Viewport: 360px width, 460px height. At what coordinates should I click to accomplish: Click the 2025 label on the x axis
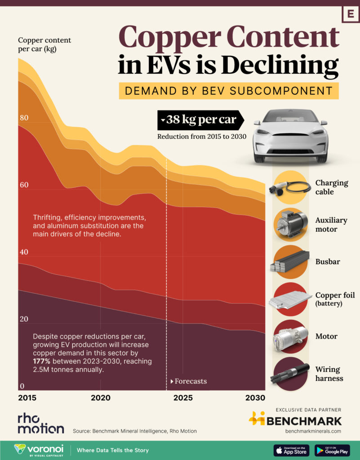pyautogui.click(x=183, y=398)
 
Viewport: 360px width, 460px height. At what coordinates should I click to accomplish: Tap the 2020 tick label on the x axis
pyautogui.click(x=100, y=398)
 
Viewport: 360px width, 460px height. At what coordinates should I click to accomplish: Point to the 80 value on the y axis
pyautogui.click(x=23, y=118)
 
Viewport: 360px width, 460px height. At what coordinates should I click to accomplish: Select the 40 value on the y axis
pyautogui.click(x=23, y=252)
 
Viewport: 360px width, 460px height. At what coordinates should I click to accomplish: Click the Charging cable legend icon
pyautogui.click(x=289, y=187)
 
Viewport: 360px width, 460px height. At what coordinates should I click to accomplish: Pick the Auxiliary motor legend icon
pyautogui.click(x=290, y=224)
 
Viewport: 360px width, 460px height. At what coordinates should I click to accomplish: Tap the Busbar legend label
pyautogui.click(x=328, y=261)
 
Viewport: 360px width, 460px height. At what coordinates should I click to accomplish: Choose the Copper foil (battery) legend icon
pyautogui.click(x=290, y=299)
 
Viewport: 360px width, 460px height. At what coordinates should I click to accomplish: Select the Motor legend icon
pyautogui.click(x=290, y=336)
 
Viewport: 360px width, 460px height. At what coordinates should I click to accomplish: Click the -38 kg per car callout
pyautogui.click(x=200, y=120)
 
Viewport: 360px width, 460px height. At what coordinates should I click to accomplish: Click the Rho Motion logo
pyautogui.click(x=40, y=423)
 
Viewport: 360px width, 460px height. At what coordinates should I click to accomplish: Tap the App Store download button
pyautogui.click(x=292, y=450)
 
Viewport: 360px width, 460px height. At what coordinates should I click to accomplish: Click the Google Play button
pyautogui.click(x=332, y=450)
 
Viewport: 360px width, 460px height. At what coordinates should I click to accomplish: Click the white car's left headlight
pyautogui.click(x=263, y=132)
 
